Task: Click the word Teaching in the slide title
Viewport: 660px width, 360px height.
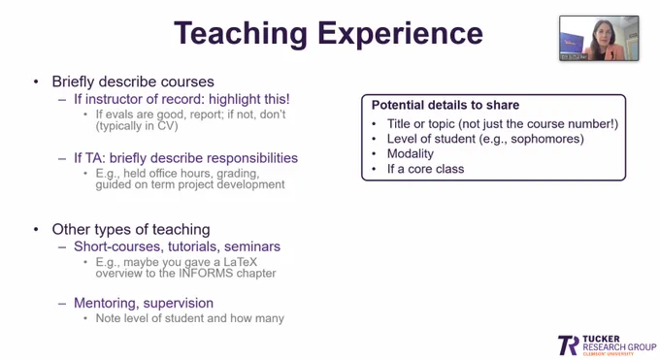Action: (x=241, y=35)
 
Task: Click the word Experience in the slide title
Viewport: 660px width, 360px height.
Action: (x=400, y=35)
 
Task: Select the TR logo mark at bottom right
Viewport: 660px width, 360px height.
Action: (x=569, y=345)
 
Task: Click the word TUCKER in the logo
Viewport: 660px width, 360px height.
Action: (x=601, y=339)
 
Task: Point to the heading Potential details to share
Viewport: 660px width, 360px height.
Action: (x=445, y=105)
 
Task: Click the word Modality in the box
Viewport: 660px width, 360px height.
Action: (x=411, y=153)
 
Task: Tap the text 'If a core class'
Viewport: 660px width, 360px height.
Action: (x=425, y=169)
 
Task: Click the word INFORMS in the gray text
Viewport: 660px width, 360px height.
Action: (x=206, y=274)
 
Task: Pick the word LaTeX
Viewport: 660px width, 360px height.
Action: (x=240, y=262)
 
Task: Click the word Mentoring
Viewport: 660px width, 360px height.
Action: (x=107, y=303)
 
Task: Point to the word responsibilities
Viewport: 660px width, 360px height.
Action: (x=251, y=158)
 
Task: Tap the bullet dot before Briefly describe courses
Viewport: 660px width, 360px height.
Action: (x=36, y=82)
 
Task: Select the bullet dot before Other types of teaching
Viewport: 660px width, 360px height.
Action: (x=36, y=229)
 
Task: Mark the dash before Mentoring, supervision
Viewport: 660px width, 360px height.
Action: (x=62, y=304)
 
